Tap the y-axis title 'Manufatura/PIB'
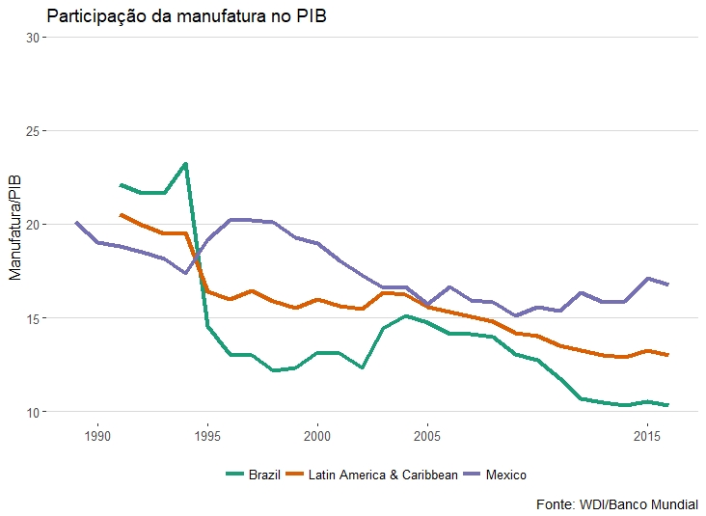pos(14,225)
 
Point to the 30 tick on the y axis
pos(34,38)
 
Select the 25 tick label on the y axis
pos(34,131)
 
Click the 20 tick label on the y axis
pos(34,225)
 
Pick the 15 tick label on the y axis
pos(34,318)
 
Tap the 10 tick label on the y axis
pos(34,412)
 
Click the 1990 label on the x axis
pos(97,437)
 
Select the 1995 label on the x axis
pos(207,437)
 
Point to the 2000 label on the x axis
pos(317,437)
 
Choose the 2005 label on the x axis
pos(427,437)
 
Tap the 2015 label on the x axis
pos(647,437)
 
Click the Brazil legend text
pos(264,475)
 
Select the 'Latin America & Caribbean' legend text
pos(383,475)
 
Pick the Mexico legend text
pos(506,475)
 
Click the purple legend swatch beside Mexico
pos(473,475)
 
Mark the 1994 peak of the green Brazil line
pos(185,164)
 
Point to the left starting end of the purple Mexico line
pos(76,223)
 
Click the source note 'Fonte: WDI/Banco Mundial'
pos(616,504)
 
